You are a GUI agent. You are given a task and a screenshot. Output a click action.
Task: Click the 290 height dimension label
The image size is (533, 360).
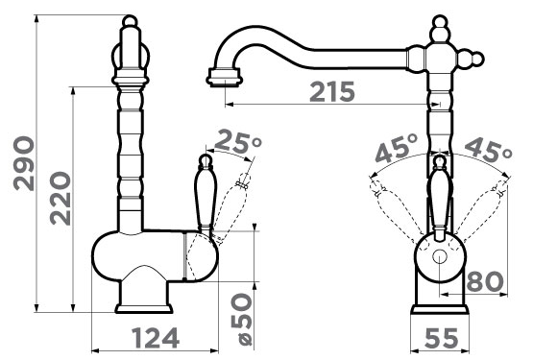click(24, 163)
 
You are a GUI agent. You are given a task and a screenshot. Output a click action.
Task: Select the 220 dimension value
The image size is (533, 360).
click(61, 199)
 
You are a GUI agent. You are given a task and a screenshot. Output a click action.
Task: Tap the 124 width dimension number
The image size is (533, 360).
click(156, 338)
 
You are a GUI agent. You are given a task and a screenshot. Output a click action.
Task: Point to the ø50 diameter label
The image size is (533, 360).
click(242, 320)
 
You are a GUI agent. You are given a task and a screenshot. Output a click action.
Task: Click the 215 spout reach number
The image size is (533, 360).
click(332, 92)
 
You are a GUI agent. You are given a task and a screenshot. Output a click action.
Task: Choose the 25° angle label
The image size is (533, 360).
click(238, 141)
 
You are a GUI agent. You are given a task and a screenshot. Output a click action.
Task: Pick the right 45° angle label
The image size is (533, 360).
click(488, 149)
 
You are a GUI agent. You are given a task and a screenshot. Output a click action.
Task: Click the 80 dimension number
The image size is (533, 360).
click(485, 281)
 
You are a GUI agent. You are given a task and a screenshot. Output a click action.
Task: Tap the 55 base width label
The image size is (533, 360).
click(442, 338)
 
